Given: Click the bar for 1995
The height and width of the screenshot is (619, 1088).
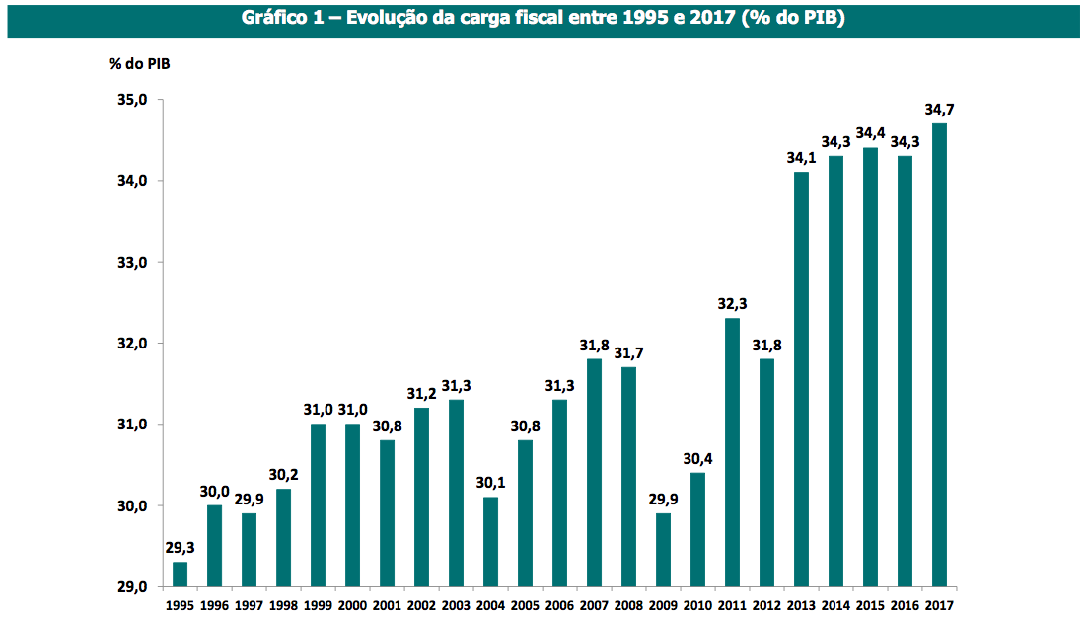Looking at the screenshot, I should tap(180, 575).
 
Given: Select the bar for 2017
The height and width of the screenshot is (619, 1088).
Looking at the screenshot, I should tap(939, 355).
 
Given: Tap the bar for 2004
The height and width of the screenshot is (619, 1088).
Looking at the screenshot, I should tap(490, 542).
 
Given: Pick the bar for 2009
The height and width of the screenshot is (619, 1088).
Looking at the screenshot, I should tap(663, 550).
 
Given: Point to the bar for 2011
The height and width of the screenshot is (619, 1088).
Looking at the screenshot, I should tap(732, 452).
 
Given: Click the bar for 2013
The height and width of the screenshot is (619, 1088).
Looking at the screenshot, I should tap(801, 379).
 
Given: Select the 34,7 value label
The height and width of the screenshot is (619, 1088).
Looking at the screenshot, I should tap(939, 109).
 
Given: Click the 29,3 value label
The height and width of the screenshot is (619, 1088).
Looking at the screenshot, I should tap(180, 547).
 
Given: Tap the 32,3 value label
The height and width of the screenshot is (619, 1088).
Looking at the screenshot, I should tap(732, 303).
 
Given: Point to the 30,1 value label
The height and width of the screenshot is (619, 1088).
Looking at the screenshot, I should tap(490, 482).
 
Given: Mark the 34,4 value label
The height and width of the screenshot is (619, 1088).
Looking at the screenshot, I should tap(870, 132).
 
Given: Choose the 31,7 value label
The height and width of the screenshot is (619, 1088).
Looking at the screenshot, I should tap(628, 352).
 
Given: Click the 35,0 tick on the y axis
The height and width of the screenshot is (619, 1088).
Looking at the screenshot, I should tap(132, 100).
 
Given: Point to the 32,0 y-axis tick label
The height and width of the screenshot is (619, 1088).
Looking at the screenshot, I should tap(132, 344).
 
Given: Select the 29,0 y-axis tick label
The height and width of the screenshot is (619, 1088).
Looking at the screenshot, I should tap(132, 587).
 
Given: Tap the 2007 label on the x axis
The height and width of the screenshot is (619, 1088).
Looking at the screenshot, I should tap(594, 604).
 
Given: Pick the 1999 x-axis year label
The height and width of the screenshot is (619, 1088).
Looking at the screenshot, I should tap(318, 604).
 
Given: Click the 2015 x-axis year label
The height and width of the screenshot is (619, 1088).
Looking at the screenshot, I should tap(870, 604).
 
